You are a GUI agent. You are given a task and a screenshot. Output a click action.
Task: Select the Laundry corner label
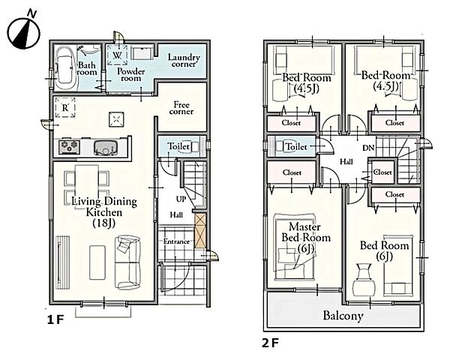tap(182, 61)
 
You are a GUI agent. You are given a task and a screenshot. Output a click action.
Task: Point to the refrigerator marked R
tap(65, 107)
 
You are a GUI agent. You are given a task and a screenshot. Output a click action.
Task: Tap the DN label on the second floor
tap(368, 148)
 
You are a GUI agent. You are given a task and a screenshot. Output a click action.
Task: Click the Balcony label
tap(343, 316)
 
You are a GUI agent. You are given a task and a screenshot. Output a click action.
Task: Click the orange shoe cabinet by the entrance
tap(199, 231)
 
